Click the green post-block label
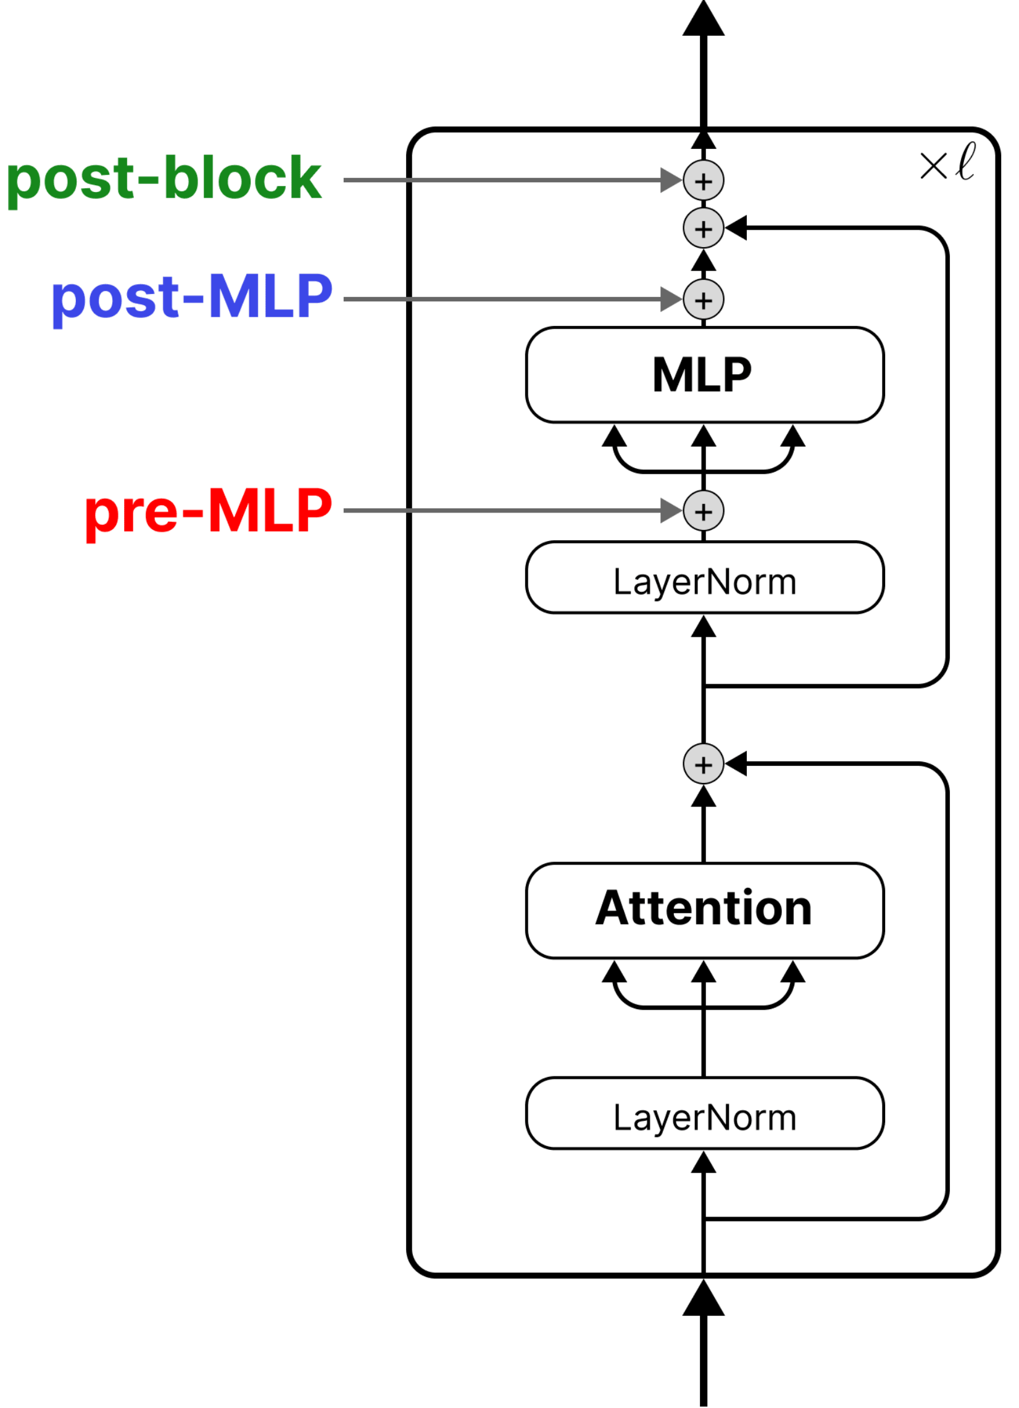click(x=164, y=180)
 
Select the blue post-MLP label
click(x=193, y=299)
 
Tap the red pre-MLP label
click(x=209, y=511)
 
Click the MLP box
click(x=704, y=375)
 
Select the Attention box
click(x=704, y=910)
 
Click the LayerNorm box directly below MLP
click(x=704, y=578)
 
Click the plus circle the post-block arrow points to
click(x=703, y=181)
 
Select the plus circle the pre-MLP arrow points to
click(x=703, y=511)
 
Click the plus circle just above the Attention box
click(x=703, y=765)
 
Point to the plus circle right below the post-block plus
click(x=703, y=228)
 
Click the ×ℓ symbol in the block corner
click(x=947, y=163)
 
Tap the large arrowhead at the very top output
click(x=703, y=20)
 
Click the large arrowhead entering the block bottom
click(x=703, y=1300)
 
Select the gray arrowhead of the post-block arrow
click(x=671, y=180)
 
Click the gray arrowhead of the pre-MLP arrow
click(x=671, y=511)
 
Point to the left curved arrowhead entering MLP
click(x=613, y=437)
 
